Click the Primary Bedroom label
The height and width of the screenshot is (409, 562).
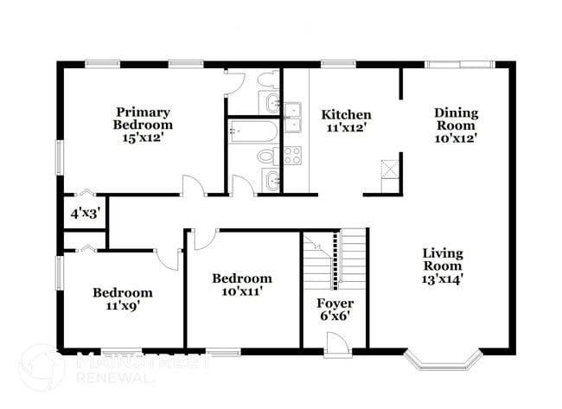(143, 118)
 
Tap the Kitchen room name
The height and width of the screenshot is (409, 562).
(346, 115)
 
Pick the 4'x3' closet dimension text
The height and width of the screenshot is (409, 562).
(86, 213)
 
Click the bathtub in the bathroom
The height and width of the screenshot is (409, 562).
(252, 131)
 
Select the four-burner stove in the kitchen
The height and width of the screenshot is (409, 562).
(292, 156)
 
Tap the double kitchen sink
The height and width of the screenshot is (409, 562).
(293, 116)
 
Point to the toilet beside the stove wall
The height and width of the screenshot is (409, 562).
(268, 157)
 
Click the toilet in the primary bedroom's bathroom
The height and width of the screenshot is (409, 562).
(269, 80)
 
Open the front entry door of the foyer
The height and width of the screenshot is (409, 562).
(338, 343)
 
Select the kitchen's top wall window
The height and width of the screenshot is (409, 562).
(333, 63)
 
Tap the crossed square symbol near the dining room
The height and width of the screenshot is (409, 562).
(390, 167)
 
